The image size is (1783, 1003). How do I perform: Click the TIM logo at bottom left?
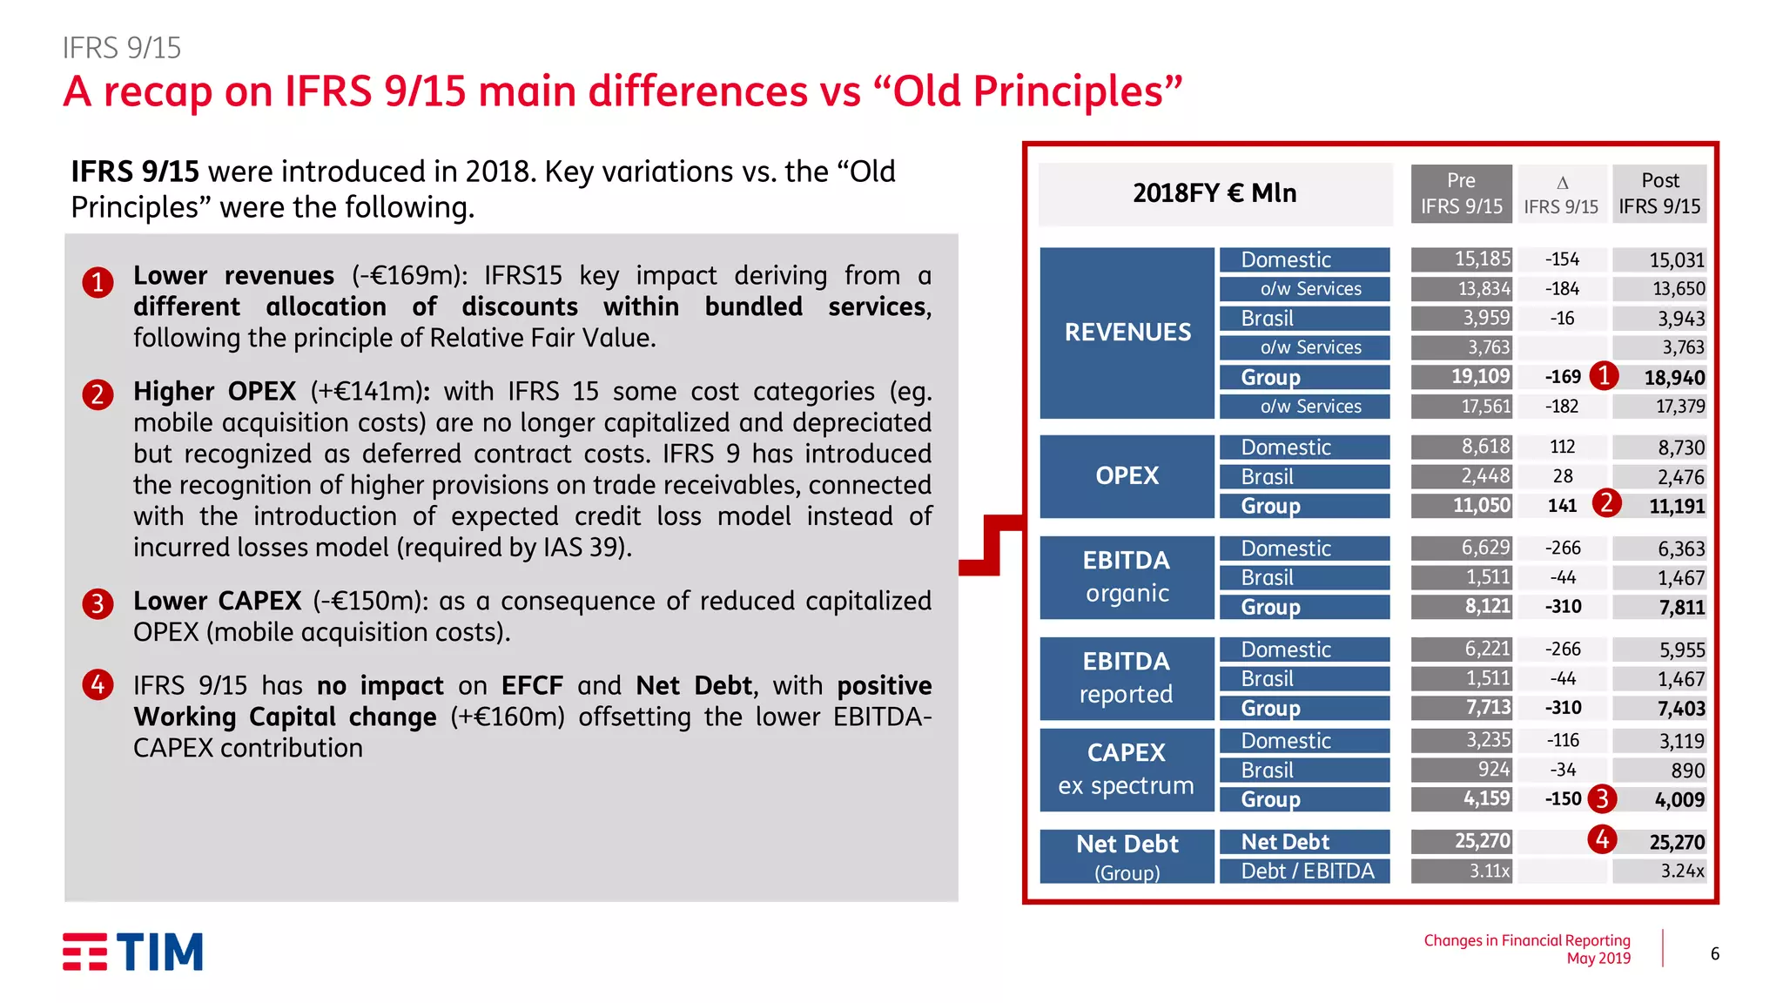[x=132, y=952]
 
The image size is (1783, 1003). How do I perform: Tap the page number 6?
[x=1714, y=953]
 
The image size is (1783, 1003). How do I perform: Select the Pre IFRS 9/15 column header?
[x=1461, y=193]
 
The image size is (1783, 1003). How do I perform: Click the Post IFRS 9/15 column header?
[x=1659, y=193]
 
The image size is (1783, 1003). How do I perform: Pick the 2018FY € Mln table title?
[x=1214, y=193]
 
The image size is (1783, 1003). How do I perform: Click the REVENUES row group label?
[x=1127, y=333]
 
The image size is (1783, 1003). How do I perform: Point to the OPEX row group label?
[x=1127, y=476]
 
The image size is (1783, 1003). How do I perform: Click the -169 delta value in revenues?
[x=1562, y=377]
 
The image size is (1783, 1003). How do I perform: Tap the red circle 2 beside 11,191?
[x=1606, y=503]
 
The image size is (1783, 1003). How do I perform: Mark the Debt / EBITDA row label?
[x=1307, y=871]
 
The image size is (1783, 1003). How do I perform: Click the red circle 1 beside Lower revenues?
[x=98, y=283]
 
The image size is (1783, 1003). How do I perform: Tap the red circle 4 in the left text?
[x=98, y=685]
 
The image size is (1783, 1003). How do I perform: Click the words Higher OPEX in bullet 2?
[x=214, y=392]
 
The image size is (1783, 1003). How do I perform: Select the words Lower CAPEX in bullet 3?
[x=217, y=601]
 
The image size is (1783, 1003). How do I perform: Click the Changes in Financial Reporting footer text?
[x=1526, y=940]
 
